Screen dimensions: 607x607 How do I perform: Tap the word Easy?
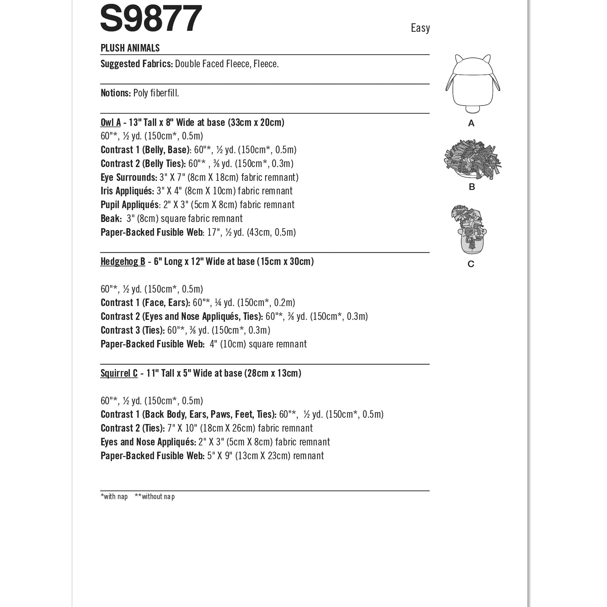click(x=420, y=28)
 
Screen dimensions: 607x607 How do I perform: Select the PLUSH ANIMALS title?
click(x=130, y=48)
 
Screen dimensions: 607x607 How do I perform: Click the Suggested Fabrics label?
click(x=137, y=64)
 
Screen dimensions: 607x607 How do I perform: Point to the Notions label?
click(x=116, y=93)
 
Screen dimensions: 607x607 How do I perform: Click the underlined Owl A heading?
click(x=111, y=122)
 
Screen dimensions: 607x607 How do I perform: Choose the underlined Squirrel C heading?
click(x=119, y=374)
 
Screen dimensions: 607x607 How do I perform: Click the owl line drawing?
click(x=472, y=83)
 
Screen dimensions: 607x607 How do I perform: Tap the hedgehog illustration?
click(x=472, y=160)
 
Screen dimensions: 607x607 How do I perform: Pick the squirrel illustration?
click(x=469, y=230)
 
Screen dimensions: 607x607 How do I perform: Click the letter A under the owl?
click(x=471, y=123)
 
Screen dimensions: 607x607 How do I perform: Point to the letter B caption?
click(x=472, y=187)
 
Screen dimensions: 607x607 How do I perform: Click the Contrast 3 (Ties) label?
click(x=133, y=331)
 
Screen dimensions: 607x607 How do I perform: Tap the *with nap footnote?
click(x=114, y=497)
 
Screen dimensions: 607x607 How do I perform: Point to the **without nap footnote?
click(x=155, y=497)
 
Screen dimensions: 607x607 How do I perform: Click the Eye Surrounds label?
click(x=129, y=178)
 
